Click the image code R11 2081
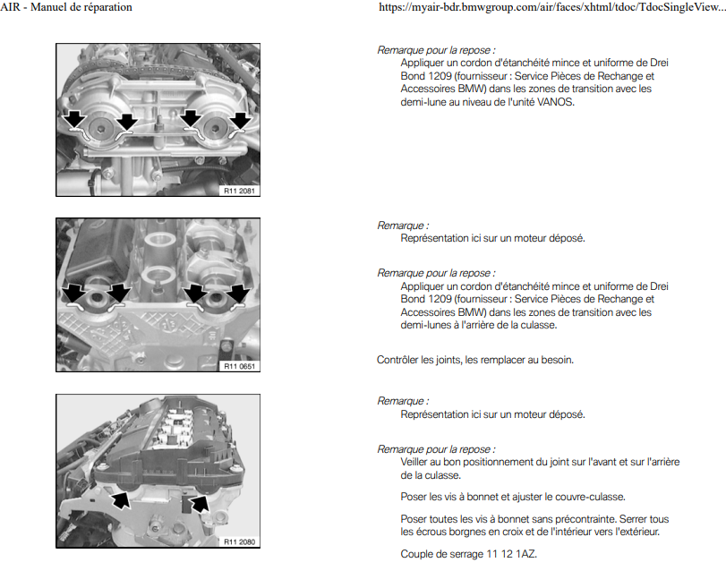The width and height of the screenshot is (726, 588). (x=240, y=190)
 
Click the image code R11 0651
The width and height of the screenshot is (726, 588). (x=240, y=366)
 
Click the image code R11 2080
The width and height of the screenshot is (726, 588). (x=240, y=541)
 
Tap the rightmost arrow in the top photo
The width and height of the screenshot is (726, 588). (x=241, y=120)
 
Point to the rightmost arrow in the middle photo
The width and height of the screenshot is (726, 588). (x=237, y=293)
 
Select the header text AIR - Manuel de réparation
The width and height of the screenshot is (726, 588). (x=66, y=7)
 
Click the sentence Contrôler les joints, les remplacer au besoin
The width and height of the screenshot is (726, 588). (x=474, y=360)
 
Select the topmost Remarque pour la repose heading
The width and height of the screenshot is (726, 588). (x=436, y=50)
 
